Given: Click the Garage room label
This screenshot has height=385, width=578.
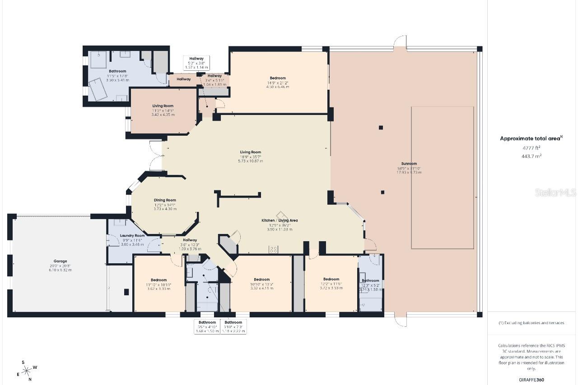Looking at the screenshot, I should click(x=61, y=261).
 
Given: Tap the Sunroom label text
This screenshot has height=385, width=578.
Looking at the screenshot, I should click(x=409, y=163).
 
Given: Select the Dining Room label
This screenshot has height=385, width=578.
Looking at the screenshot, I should click(x=165, y=200).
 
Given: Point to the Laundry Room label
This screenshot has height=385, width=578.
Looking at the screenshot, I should click(x=132, y=236).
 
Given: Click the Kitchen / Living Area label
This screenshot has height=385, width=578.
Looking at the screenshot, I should click(x=280, y=220).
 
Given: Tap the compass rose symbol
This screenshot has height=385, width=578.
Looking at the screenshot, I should click(x=27, y=370).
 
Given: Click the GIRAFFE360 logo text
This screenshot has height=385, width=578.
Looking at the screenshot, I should click(x=531, y=380).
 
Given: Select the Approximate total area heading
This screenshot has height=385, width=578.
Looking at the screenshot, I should click(x=531, y=139).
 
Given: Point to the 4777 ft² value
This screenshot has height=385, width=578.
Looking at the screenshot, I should click(x=531, y=148).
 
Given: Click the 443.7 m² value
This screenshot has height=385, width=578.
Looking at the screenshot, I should click(x=531, y=156).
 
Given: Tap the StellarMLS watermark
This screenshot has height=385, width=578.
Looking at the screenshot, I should click(x=555, y=193).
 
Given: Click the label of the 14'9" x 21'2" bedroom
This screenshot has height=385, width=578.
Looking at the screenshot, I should click(x=278, y=78).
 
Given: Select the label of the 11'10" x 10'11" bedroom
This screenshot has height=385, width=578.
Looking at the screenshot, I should click(x=158, y=280).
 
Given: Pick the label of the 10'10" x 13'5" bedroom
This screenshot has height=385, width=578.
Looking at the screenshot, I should click(x=261, y=279).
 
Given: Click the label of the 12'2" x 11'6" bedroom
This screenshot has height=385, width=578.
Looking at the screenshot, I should click(x=331, y=279).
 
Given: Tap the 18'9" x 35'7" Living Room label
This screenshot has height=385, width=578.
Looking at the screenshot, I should click(x=250, y=152).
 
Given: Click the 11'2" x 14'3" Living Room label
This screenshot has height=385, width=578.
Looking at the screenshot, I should click(x=163, y=106).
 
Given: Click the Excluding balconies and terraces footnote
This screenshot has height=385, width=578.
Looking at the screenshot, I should click(x=531, y=323).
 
